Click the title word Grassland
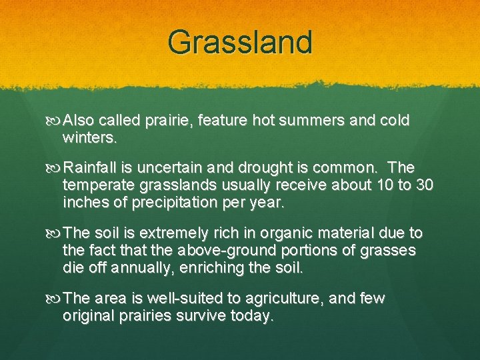[x=240, y=41]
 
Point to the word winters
[x=89, y=138]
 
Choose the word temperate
[x=99, y=185]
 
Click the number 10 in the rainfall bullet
[x=385, y=185]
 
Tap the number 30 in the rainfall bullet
[x=424, y=185]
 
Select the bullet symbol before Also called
[x=53, y=121]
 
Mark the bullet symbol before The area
[x=53, y=299]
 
